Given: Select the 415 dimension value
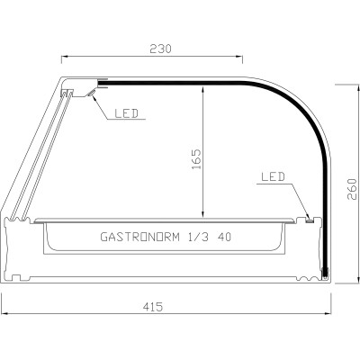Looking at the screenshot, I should (x=152, y=307).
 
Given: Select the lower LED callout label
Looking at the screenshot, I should (x=273, y=177).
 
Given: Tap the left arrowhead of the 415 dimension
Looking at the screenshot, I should (x=4, y=315).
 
